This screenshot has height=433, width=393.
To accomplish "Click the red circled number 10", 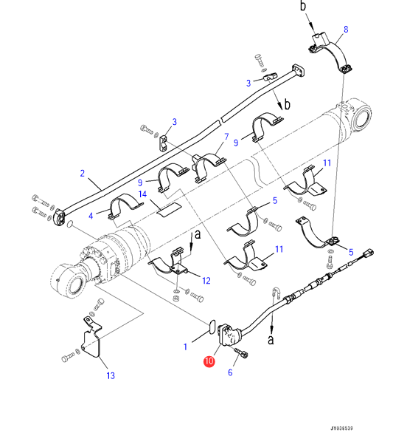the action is click(209, 361).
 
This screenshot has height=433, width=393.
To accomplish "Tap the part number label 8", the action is click(346, 30).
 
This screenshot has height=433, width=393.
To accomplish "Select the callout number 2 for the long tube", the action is click(82, 174).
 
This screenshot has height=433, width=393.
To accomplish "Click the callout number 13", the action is click(111, 375).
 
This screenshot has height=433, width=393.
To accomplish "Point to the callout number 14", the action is click(142, 194).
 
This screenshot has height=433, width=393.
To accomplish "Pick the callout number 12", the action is click(206, 281).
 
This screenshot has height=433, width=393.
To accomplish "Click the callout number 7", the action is click(226, 137).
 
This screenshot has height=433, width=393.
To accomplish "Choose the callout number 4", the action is click(91, 216).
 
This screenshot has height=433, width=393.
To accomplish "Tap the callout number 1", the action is click(186, 347).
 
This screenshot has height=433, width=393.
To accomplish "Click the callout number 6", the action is click(230, 372).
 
